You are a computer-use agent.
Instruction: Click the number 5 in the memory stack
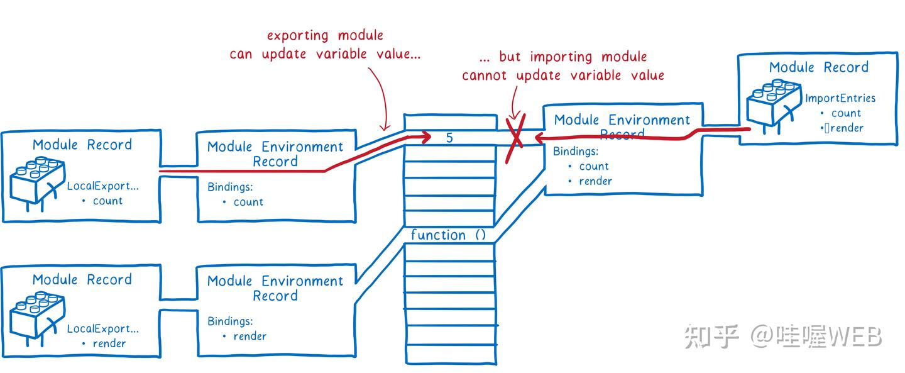(x=450, y=138)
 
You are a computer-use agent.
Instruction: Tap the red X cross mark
(x=516, y=138)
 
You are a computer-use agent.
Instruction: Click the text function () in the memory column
(x=448, y=235)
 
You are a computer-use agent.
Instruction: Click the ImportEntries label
(x=840, y=98)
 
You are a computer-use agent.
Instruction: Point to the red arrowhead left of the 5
(x=426, y=138)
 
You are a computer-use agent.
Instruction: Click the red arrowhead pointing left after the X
(x=540, y=138)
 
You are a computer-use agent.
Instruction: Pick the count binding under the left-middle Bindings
(x=248, y=202)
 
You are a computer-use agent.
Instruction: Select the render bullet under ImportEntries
(x=847, y=128)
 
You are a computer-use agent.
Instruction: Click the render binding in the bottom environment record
(x=250, y=336)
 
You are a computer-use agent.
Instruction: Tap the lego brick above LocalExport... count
(x=37, y=184)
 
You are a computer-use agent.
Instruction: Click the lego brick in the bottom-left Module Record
(x=37, y=319)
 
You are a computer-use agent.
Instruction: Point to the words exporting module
(x=325, y=36)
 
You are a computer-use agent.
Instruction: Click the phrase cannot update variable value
(x=563, y=75)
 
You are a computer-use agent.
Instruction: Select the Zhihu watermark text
(x=782, y=337)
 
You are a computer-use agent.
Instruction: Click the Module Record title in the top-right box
(x=818, y=67)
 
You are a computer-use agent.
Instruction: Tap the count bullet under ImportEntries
(x=846, y=113)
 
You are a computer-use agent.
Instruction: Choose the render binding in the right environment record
(x=596, y=181)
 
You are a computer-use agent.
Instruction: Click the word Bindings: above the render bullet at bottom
(x=230, y=321)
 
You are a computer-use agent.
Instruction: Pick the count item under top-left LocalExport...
(x=107, y=201)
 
